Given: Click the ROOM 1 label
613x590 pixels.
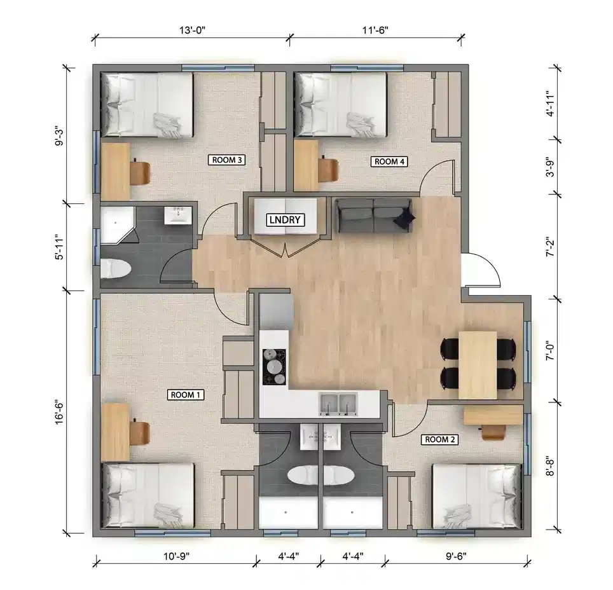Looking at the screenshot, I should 186,395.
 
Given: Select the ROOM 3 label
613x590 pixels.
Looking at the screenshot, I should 226,160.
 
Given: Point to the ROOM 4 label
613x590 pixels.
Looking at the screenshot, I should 389,161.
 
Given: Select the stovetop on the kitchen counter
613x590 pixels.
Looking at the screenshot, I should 274,367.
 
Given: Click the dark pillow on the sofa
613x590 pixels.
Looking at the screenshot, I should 404,218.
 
